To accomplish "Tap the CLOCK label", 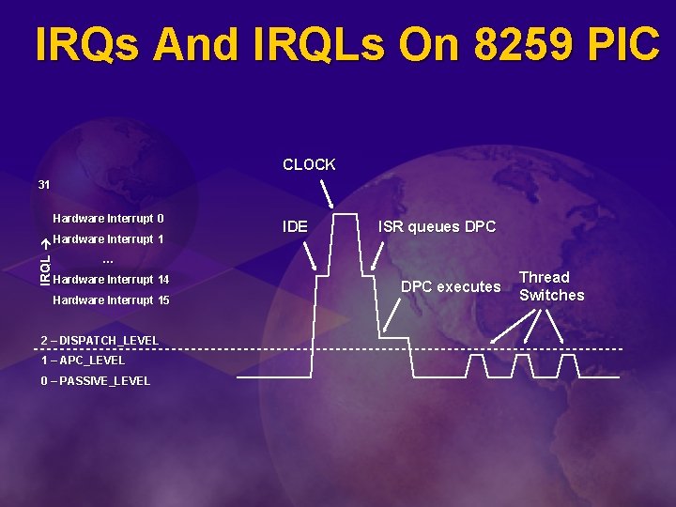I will click(309, 164).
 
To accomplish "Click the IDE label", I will click(295, 226).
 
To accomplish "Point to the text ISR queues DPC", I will click(437, 226).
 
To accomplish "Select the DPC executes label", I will click(451, 286).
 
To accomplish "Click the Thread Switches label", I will click(551, 286).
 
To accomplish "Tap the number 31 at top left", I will click(44, 185).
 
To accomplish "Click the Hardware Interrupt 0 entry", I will click(108, 219).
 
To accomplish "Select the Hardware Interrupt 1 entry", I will click(108, 239).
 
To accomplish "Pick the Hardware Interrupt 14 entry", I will click(111, 280).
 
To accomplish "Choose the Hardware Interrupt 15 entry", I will click(111, 300).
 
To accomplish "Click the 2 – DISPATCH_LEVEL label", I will click(100, 340).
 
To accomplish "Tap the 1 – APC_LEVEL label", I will click(83, 361).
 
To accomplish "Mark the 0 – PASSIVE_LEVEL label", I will click(95, 381).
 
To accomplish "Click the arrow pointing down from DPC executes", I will click(393, 317).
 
